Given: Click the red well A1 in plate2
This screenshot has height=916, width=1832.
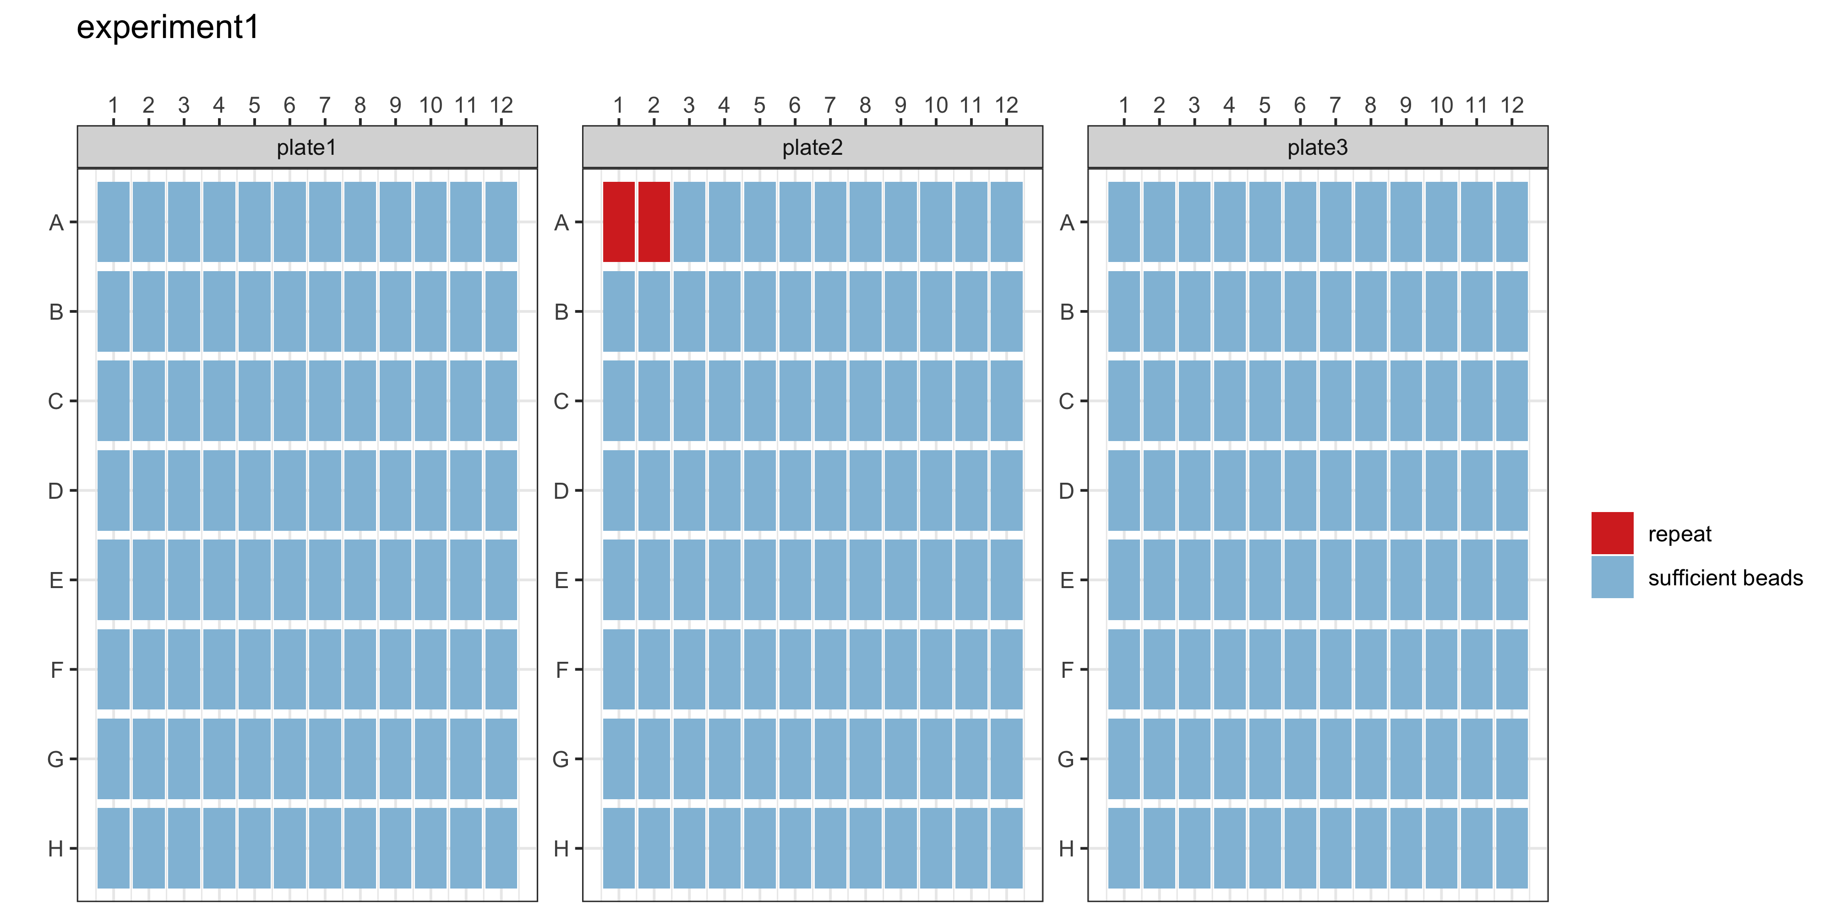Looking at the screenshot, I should [619, 222].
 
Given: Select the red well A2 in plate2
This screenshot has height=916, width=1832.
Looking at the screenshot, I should [654, 222].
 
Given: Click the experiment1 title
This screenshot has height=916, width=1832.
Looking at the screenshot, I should [168, 28].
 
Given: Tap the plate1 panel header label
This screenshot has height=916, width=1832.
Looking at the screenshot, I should [306, 147].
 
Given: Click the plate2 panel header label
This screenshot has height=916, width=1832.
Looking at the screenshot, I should [812, 147].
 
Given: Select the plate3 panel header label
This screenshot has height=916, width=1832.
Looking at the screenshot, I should [1317, 147].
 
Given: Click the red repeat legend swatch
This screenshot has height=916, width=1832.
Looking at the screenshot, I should [1612, 533].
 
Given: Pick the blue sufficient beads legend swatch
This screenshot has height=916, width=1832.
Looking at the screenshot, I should [1612, 577].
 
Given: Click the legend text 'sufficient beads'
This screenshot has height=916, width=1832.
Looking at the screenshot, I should [1725, 578].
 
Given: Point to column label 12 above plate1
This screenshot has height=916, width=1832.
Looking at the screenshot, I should [502, 105].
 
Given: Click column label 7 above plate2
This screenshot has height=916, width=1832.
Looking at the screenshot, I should [830, 105].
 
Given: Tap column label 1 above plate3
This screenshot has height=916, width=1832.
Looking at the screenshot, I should [1123, 105].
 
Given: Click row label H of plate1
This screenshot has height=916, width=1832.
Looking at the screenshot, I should [55, 848].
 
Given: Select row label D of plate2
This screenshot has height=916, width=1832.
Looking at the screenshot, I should [561, 491].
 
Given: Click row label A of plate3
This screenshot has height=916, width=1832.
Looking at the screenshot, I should [1067, 223].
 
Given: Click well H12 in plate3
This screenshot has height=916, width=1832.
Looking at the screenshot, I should [1511, 848].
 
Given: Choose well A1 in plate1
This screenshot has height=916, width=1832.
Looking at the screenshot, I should [113, 222].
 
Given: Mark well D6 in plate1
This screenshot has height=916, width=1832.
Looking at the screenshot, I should [289, 490].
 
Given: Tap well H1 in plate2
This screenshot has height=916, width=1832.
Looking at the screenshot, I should [619, 848].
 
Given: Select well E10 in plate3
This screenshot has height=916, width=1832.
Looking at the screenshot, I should [1441, 580].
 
